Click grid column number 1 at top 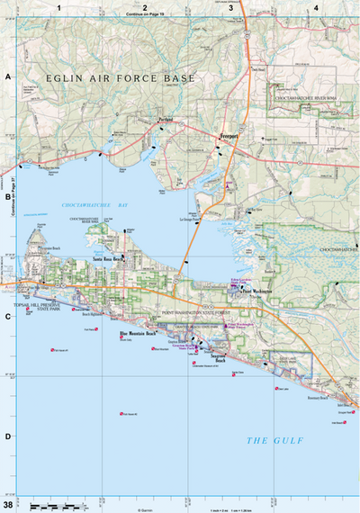(x=58, y=7)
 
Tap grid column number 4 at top (x=316, y=7)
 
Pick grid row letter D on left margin (x=7, y=436)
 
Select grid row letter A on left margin (x=7, y=77)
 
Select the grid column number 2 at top (x=144, y=7)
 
